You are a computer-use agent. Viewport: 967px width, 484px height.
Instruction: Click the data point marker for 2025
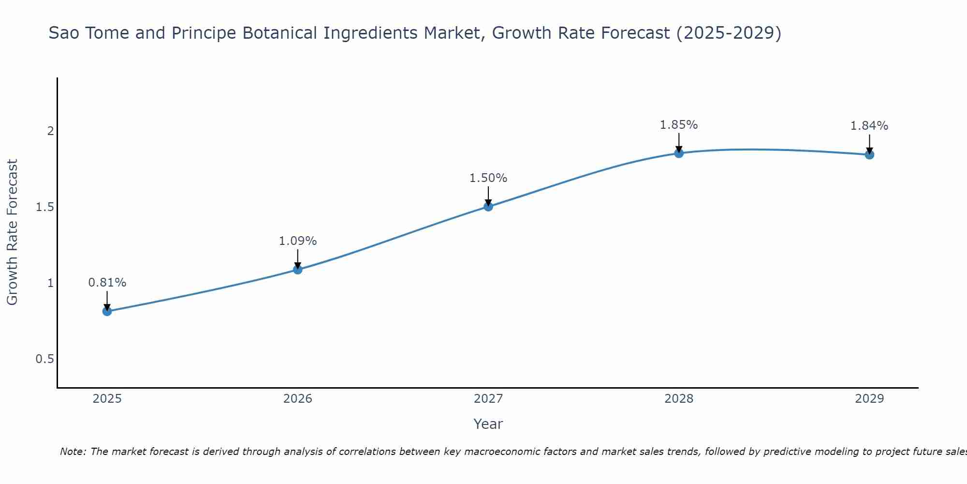[107, 311]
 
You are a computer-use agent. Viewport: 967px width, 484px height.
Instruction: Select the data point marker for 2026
[298, 270]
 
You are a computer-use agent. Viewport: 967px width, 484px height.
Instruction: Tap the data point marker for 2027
[488, 207]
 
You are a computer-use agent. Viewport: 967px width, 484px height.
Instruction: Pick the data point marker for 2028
[679, 153]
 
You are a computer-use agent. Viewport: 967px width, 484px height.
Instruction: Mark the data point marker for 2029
[869, 155]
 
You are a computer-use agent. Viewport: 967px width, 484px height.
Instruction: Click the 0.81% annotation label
[107, 283]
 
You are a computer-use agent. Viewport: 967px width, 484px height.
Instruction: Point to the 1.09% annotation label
[298, 241]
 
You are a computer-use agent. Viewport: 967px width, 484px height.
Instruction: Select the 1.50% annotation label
[488, 178]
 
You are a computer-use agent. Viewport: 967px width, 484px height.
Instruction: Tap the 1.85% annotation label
[679, 125]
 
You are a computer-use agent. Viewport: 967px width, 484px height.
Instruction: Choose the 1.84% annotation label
[869, 126]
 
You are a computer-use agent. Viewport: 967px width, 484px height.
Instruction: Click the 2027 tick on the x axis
[488, 399]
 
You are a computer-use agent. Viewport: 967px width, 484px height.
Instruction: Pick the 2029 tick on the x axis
[869, 399]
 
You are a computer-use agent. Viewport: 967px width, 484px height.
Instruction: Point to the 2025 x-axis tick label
[107, 399]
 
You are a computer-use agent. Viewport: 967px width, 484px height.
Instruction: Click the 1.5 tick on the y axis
[44, 207]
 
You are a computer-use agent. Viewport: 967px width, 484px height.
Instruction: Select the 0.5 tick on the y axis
[44, 359]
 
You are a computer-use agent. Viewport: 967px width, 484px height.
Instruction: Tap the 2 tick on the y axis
[50, 131]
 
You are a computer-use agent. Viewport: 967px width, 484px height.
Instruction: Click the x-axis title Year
[488, 424]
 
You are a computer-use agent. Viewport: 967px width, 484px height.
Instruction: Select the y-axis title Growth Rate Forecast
[13, 232]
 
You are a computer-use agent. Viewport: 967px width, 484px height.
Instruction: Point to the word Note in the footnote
[73, 452]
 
